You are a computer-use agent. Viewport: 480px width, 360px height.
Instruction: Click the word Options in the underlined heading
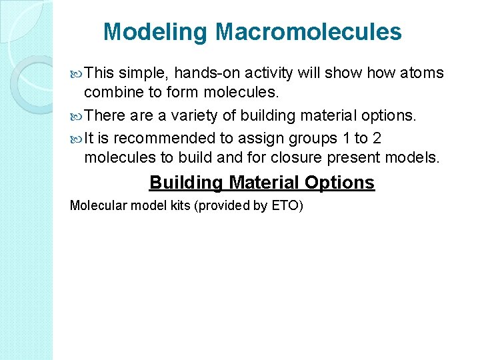(339, 183)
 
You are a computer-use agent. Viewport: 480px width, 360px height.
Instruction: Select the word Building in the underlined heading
(186, 183)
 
